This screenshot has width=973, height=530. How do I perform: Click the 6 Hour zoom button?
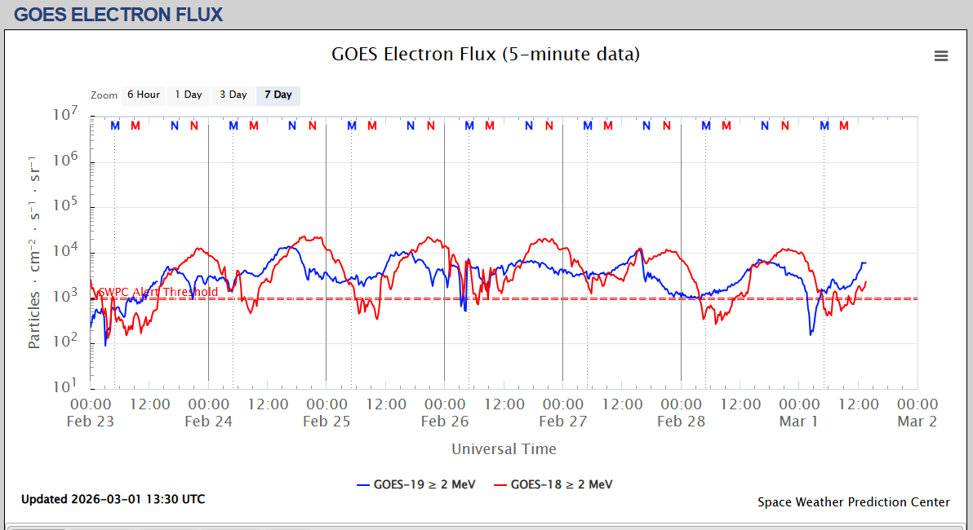[x=144, y=95]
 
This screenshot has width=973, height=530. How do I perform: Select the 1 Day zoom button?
[x=188, y=95]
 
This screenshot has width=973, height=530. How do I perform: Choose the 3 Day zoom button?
[x=233, y=95]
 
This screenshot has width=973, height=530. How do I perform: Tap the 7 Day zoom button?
[x=278, y=95]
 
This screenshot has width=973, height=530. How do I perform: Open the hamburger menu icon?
[x=941, y=55]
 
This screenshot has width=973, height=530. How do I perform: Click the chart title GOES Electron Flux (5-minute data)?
[x=486, y=55]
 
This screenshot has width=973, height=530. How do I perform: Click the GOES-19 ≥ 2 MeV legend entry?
[x=416, y=484]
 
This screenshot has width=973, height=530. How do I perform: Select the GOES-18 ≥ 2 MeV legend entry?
[x=553, y=484]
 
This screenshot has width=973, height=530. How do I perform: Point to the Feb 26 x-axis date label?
[x=445, y=422]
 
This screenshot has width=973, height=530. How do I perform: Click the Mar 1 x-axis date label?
[x=799, y=422]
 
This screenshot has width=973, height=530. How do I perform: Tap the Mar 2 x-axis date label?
[x=917, y=422]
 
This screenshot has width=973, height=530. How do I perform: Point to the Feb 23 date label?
[x=91, y=422]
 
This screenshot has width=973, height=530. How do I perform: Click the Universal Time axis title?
[x=504, y=449]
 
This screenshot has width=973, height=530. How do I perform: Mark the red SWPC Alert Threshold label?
[x=158, y=292]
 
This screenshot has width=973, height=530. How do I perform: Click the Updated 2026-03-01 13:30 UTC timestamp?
[x=113, y=499]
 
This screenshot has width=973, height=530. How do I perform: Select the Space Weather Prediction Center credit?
[x=854, y=502]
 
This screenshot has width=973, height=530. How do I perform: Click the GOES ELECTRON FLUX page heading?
[x=118, y=14]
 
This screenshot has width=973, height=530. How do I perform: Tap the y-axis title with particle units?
[x=34, y=251]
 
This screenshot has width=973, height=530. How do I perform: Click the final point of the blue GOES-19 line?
[x=865, y=263]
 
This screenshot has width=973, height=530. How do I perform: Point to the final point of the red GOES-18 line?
[x=865, y=281]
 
